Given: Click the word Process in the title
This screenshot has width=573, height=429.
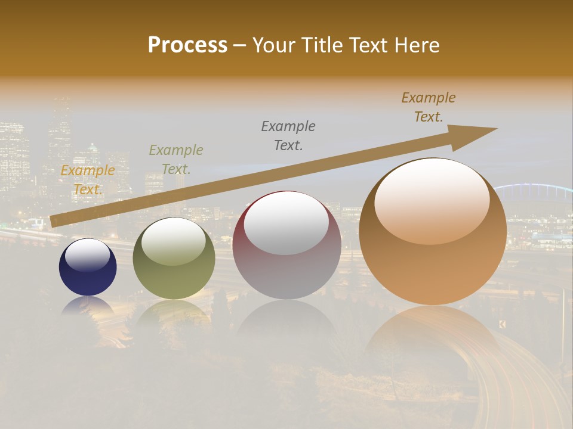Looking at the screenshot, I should (x=187, y=45).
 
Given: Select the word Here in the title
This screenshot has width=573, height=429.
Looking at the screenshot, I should (x=417, y=45).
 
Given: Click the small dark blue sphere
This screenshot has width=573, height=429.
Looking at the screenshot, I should (x=88, y=268).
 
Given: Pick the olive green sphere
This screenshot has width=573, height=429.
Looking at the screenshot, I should (x=174, y=259).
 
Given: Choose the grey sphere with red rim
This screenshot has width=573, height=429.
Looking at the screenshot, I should (x=286, y=245).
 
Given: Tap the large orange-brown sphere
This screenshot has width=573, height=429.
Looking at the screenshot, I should (x=433, y=232).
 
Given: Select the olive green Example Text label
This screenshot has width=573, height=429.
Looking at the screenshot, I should (x=176, y=159).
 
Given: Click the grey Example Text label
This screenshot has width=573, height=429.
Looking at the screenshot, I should (x=288, y=135).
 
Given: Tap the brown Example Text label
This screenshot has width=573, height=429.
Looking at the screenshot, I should (x=429, y=107).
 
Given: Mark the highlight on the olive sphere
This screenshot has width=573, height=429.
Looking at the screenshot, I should (x=174, y=241).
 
